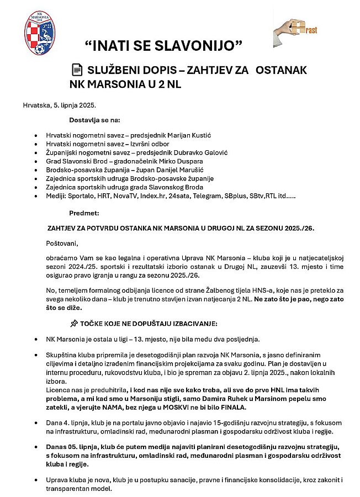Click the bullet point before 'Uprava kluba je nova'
36,482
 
